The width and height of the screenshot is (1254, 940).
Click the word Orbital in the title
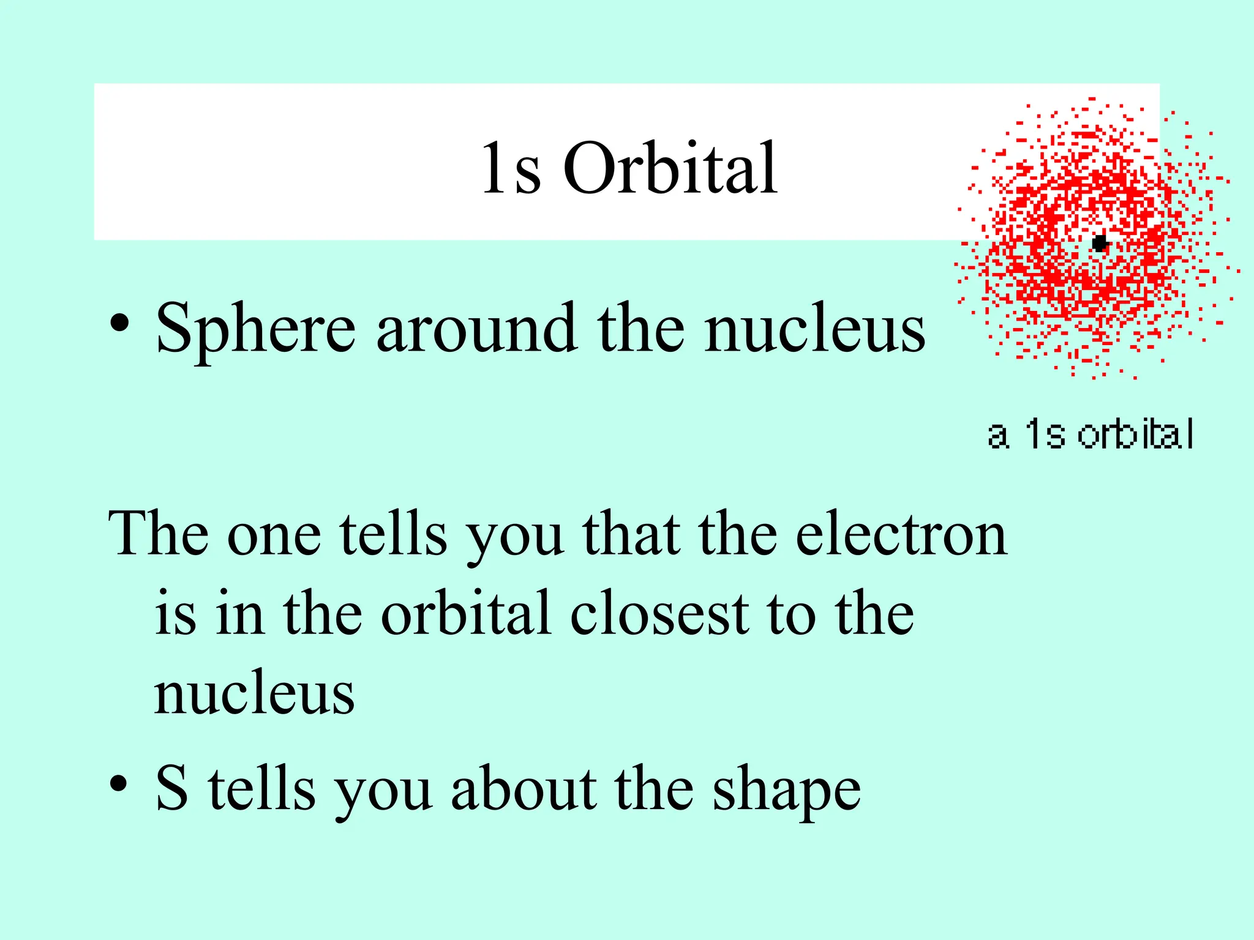click(x=670, y=168)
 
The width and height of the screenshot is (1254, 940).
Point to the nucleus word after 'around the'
click(x=814, y=330)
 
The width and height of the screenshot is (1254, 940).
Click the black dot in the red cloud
click(x=1100, y=243)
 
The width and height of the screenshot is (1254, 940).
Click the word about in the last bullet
click(x=524, y=789)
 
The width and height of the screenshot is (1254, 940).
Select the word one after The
click(x=274, y=536)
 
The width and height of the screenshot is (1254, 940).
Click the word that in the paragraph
click(x=631, y=535)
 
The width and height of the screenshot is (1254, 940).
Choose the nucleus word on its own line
click(x=254, y=694)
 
